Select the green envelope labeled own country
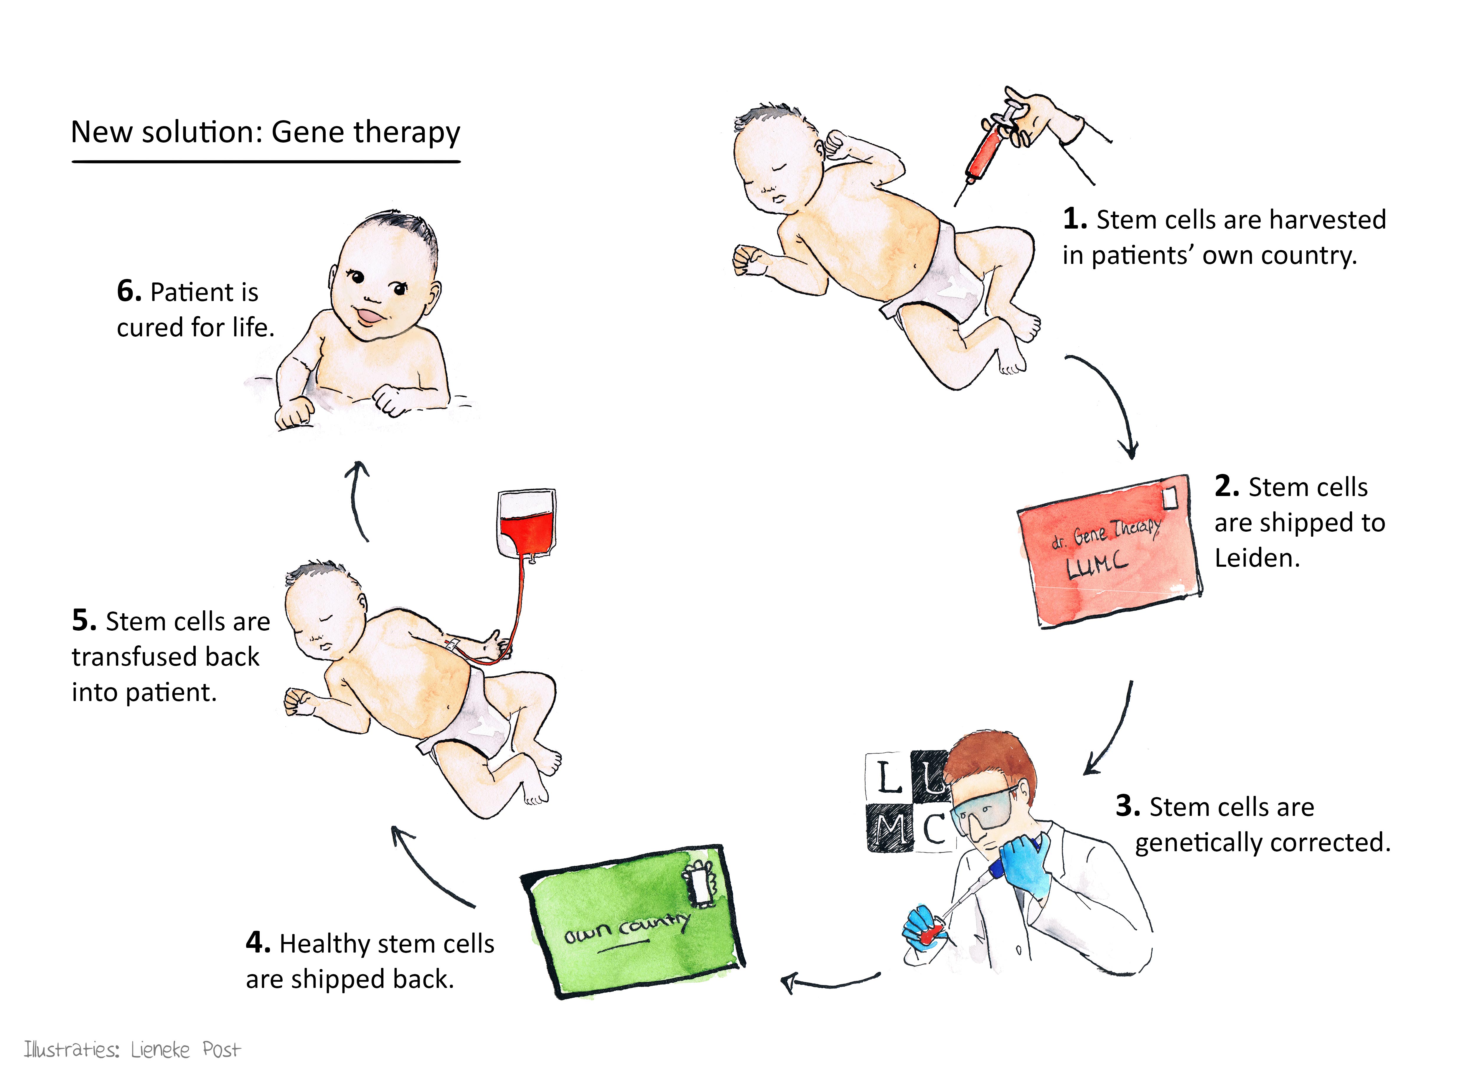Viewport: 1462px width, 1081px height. [x=633, y=921]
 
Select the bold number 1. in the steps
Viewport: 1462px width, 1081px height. [x=1075, y=219]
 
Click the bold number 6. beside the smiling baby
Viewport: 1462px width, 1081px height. [x=129, y=291]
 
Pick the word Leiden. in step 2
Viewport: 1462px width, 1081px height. [x=1257, y=558]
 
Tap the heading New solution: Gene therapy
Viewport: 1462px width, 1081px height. [x=265, y=132]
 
